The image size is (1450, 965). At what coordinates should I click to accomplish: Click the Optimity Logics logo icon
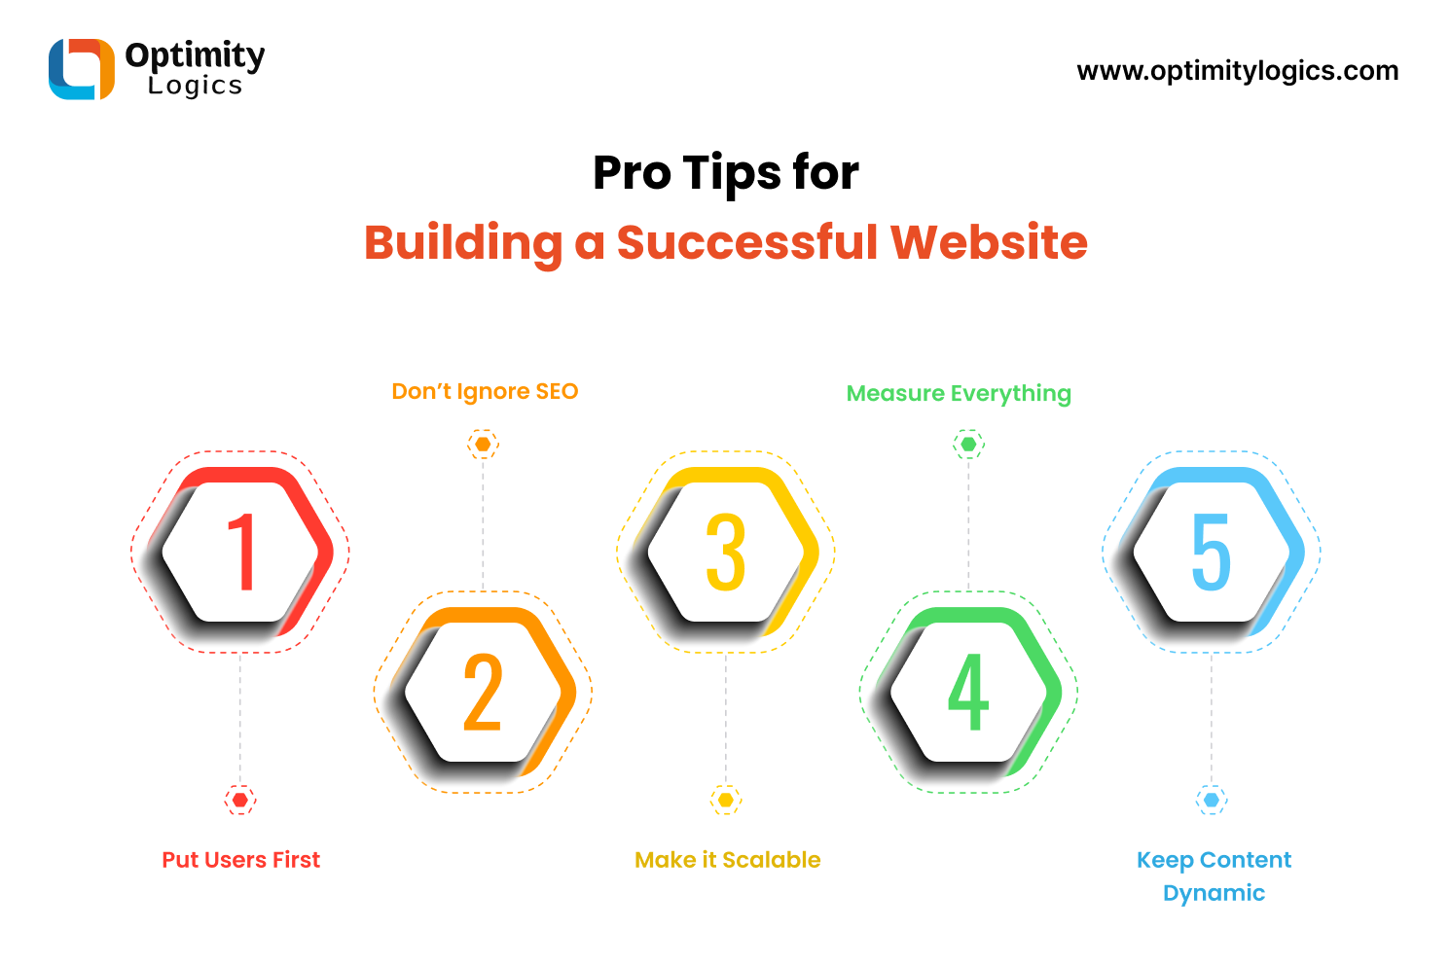tap(82, 69)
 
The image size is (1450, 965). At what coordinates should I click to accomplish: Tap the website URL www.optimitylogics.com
tap(1237, 71)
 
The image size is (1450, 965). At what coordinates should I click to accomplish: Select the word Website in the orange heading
tap(989, 242)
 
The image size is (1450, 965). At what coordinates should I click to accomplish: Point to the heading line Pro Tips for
tap(726, 173)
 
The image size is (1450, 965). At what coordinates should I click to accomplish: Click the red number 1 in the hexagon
tap(241, 552)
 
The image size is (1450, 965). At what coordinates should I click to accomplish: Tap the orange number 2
tap(483, 692)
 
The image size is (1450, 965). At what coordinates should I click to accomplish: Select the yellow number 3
tap(726, 552)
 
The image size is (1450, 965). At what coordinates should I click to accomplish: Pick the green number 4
tap(968, 692)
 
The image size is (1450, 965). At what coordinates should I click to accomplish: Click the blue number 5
tap(1212, 552)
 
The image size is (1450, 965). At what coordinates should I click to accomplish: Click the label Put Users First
tap(240, 860)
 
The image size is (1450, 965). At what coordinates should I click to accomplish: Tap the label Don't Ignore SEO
tap(485, 392)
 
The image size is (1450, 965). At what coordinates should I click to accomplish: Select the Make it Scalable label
tap(728, 860)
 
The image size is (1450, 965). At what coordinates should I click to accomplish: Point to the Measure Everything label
tap(959, 394)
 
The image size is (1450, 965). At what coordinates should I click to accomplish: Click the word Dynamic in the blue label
tap(1214, 893)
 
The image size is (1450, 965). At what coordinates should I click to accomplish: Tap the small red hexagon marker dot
tap(240, 800)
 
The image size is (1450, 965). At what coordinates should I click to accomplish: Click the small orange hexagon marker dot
tap(483, 444)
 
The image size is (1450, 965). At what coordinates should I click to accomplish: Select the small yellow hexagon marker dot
tap(726, 800)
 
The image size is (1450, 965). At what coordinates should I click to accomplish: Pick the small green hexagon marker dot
tap(968, 444)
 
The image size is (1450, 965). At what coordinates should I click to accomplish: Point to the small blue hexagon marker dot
tap(1212, 800)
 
